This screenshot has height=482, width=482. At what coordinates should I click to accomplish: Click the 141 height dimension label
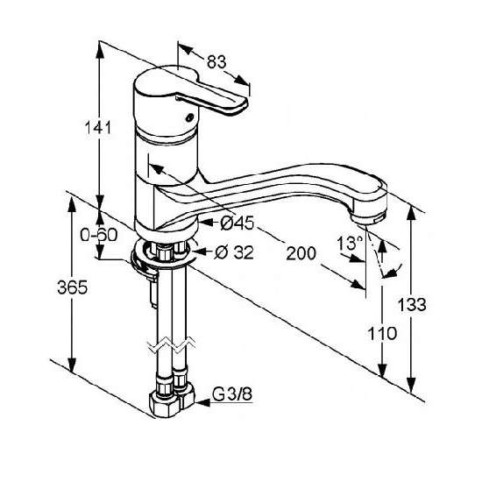click(98, 128)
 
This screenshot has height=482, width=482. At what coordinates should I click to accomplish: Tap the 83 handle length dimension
click(216, 61)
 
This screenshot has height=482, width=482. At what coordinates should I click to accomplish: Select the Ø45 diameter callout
click(237, 223)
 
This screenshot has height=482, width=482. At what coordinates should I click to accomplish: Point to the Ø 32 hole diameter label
click(234, 252)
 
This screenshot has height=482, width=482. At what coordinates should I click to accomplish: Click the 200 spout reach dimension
click(301, 253)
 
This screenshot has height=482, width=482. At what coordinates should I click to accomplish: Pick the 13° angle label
click(350, 243)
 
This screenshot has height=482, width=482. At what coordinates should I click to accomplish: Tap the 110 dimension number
click(382, 334)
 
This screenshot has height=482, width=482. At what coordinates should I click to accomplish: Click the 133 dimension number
click(412, 305)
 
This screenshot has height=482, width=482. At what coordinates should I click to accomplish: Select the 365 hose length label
click(73, 287)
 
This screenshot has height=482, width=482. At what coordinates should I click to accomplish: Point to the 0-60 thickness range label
click(99, 235)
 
